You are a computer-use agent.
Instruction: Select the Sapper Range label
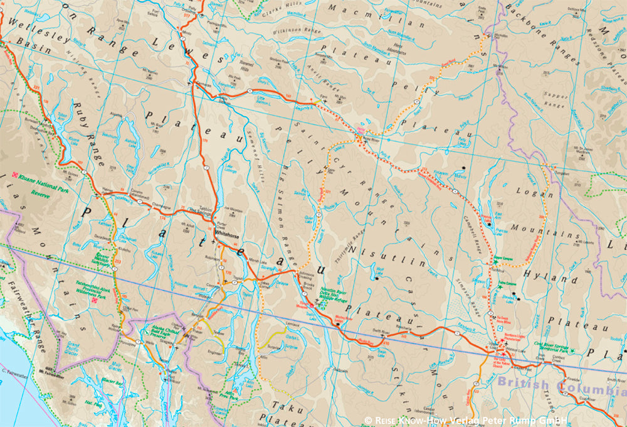pos(556,100)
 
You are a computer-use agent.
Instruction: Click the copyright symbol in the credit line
pos(369,419)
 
